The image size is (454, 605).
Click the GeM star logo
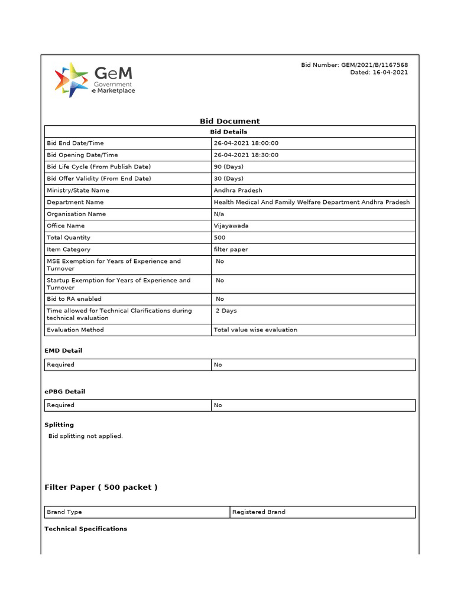[71, 80]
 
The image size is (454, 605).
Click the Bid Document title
[229, 121]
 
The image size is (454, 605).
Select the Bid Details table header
[229, 132]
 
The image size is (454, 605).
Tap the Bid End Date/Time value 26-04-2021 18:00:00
[246, 143]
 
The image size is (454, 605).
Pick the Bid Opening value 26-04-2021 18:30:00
[246, 155]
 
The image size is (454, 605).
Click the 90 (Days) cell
[227, 167]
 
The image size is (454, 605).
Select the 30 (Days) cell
[227, 178]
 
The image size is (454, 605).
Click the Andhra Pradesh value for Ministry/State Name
[238, 190]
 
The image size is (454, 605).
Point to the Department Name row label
[75, 202]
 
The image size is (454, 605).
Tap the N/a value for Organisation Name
[219, 214]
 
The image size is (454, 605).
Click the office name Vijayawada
[232, 226]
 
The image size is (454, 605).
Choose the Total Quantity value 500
[220, 238]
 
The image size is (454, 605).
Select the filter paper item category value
[231, 249]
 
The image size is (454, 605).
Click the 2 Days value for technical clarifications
[226, 311]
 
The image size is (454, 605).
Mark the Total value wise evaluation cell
[255, 330]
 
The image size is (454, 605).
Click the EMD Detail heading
[63, 350]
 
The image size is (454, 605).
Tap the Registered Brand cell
[259, 512]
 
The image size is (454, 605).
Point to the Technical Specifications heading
[86, 529]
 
